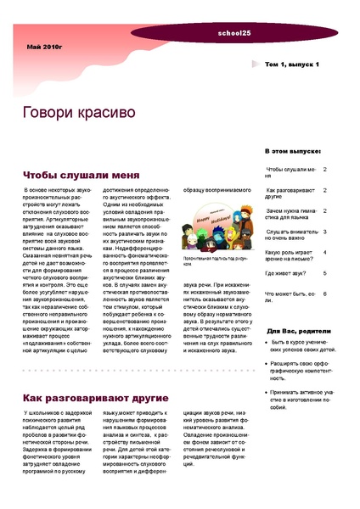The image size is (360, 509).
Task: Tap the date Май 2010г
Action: (x=44, y=49)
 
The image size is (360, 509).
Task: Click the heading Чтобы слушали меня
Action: (x=81, y=175)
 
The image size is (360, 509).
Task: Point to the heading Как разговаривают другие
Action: (x=94, y=398)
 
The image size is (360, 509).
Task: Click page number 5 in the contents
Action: (x=325, y=273)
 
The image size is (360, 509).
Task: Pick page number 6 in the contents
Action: (x=325, y=294)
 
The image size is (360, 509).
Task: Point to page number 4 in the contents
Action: (x=325, y=252)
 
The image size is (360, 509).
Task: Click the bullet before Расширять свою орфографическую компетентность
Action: (x=268, y=364)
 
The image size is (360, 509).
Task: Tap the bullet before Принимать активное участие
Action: (x=268, y=393)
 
